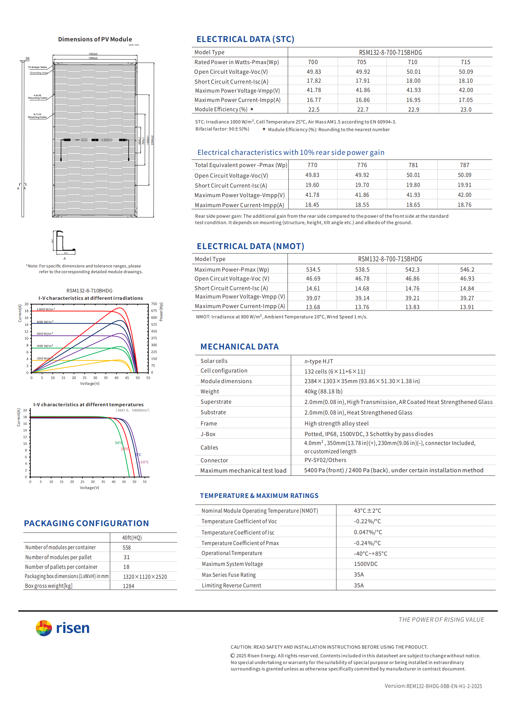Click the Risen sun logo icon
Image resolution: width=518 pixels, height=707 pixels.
[x=44, y=628]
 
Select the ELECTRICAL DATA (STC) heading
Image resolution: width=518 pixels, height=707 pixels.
[x=245, y=39]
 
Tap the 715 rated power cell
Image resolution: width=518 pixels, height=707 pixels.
[x=465, y=62]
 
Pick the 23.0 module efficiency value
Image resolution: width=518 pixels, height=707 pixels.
[x=466, y=110]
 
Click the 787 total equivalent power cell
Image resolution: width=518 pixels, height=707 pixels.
[x=464, y=165]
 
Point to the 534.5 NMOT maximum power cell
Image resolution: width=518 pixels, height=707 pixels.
[x=313, y=270]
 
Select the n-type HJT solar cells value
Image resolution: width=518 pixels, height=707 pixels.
[x=318, y=361]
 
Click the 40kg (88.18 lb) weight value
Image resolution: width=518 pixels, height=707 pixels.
[x=323, y=391]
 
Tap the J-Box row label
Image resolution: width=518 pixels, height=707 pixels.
[x=208, y=434]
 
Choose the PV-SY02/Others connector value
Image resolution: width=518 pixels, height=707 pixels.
[x=325, y=460]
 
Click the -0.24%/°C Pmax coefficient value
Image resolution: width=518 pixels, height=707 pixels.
[x=367, y=543]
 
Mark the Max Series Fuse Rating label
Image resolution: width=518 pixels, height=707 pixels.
[x=229, y=575]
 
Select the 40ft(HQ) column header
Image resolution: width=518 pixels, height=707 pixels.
[x=132, y=538]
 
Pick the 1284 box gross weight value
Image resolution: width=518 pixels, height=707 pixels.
[x=128, y=586]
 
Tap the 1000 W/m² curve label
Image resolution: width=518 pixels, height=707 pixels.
[x=46, y=309]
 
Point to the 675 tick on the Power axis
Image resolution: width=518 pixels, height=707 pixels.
[x=154, y=311]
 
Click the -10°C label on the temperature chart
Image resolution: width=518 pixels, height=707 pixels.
[x=144, y=462]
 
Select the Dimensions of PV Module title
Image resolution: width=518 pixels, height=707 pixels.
[x=95, y=39]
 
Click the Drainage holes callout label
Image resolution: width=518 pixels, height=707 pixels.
[x=38, y=67]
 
